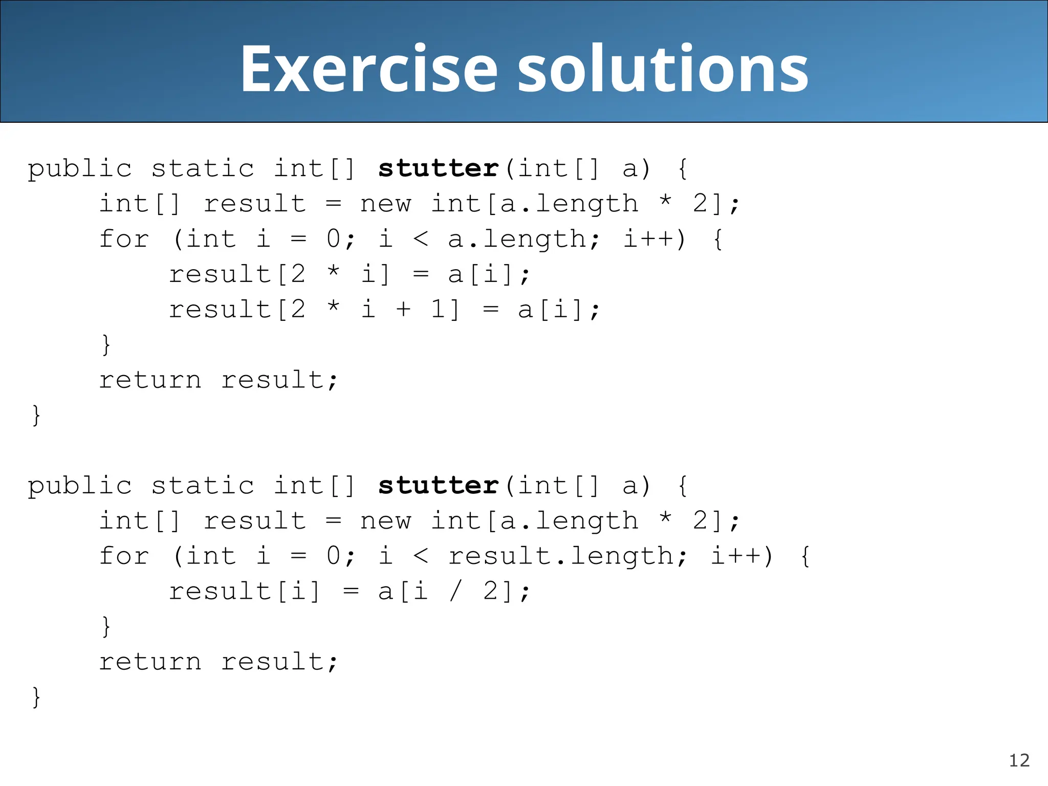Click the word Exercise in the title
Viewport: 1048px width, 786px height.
pos(368,69)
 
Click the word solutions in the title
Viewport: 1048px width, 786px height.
pos(663,69)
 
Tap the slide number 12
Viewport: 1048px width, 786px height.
pos(1019,760)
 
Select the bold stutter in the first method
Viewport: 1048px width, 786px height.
pos(438,169)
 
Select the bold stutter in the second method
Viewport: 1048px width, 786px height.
pos(438,486)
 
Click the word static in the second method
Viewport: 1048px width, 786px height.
pos(203,486)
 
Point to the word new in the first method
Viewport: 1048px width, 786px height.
pos(385,204)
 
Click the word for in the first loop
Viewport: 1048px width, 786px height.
pos(124,239)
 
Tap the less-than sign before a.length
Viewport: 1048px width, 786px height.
pos(421,238)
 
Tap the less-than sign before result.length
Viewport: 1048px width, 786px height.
pos(421,556)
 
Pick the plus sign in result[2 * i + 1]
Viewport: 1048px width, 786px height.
pos(404,310)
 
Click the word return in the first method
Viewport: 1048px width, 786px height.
pos(150,380)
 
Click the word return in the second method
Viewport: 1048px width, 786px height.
pos(150,662)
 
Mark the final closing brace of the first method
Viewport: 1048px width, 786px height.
pos(36,415)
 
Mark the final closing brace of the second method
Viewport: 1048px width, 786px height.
pos(36,697)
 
